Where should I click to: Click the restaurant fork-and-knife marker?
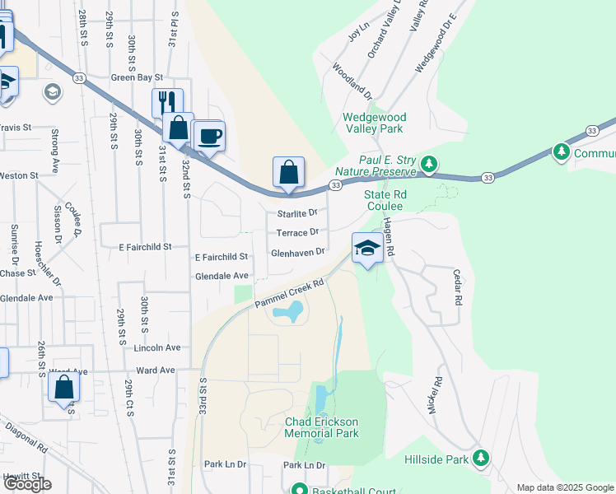pos(167,102)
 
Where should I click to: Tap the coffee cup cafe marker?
pos(208,135)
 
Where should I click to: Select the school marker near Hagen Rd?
pos(366,249)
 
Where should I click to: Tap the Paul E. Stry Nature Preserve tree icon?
pos(428,164)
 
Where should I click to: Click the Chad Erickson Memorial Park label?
pos(321,427)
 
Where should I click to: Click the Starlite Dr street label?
pos(296,213)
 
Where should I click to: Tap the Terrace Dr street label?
pos(296,232)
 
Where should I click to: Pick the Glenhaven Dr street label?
pos(298,253)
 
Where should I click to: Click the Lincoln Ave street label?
pos(156,348)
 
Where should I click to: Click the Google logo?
pos(27,484)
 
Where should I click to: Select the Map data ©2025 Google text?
pos(564,487)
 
